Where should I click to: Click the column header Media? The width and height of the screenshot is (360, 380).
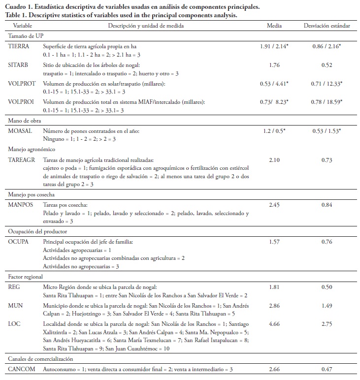point(274,25)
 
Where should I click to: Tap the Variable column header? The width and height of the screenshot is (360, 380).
point(23,25)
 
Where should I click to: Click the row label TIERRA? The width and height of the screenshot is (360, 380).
point(19,46)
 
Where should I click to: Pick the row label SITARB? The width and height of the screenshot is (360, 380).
point(19,65)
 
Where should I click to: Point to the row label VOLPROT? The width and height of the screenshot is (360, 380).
point(22,84)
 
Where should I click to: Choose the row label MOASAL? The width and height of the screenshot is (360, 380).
point(21,131)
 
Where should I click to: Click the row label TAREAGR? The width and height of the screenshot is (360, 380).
point(22,160)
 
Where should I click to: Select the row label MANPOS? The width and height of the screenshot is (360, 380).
point(21,199)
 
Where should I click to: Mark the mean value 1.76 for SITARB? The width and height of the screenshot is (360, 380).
point(274,65)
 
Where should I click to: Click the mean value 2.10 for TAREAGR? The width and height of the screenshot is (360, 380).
point(274,160)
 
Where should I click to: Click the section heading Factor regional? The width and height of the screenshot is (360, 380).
point(28,277)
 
